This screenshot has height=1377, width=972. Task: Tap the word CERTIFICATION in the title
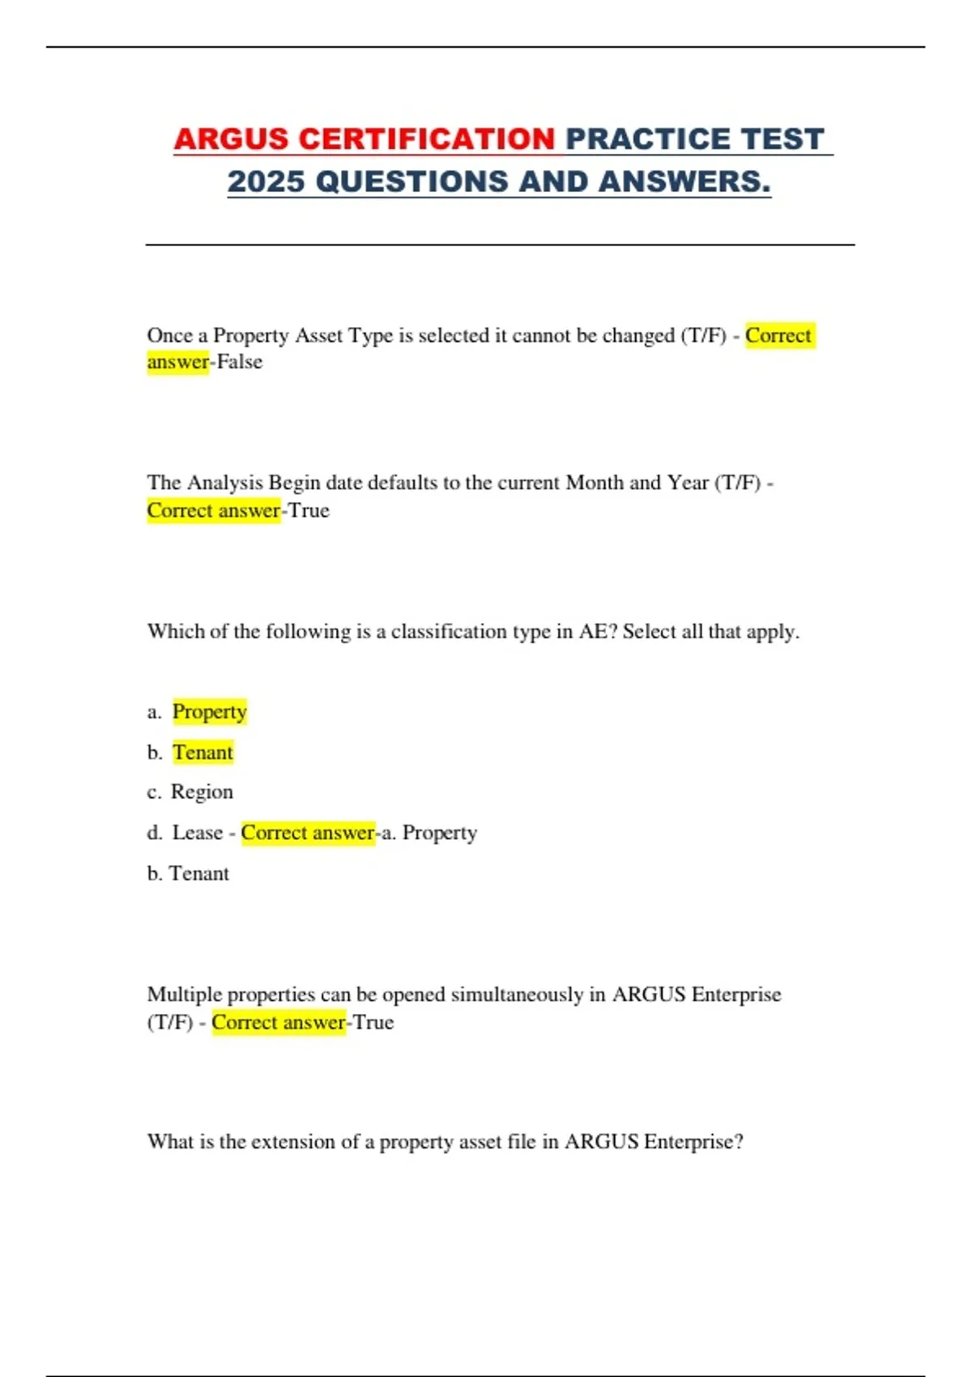click(427, 139)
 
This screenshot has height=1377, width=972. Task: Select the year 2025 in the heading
click(266, 181)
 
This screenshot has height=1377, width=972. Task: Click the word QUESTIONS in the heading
click(412, 181)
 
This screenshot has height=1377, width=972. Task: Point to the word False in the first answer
click(240, 362)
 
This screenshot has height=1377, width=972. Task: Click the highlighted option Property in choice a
click(210, 712)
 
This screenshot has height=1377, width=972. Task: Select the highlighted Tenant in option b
click(202, 752)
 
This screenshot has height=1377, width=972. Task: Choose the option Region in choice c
click(202, 792)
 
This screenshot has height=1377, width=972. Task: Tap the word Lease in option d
click(197, 833)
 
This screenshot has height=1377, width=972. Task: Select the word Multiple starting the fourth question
click(184, 995)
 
